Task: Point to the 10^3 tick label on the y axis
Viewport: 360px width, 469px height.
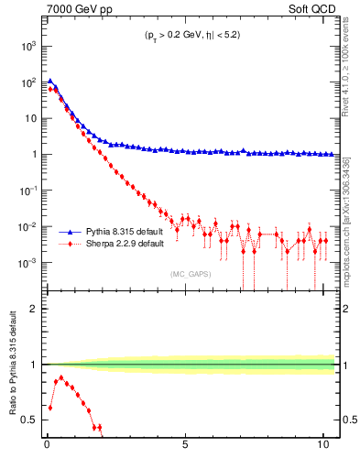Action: tap(29, 45)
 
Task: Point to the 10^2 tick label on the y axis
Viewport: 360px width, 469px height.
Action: tap(29, 82)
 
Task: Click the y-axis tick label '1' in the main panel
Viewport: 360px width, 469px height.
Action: tap(34, 155)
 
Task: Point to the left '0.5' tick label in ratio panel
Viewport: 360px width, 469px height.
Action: tap(30, 420)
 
